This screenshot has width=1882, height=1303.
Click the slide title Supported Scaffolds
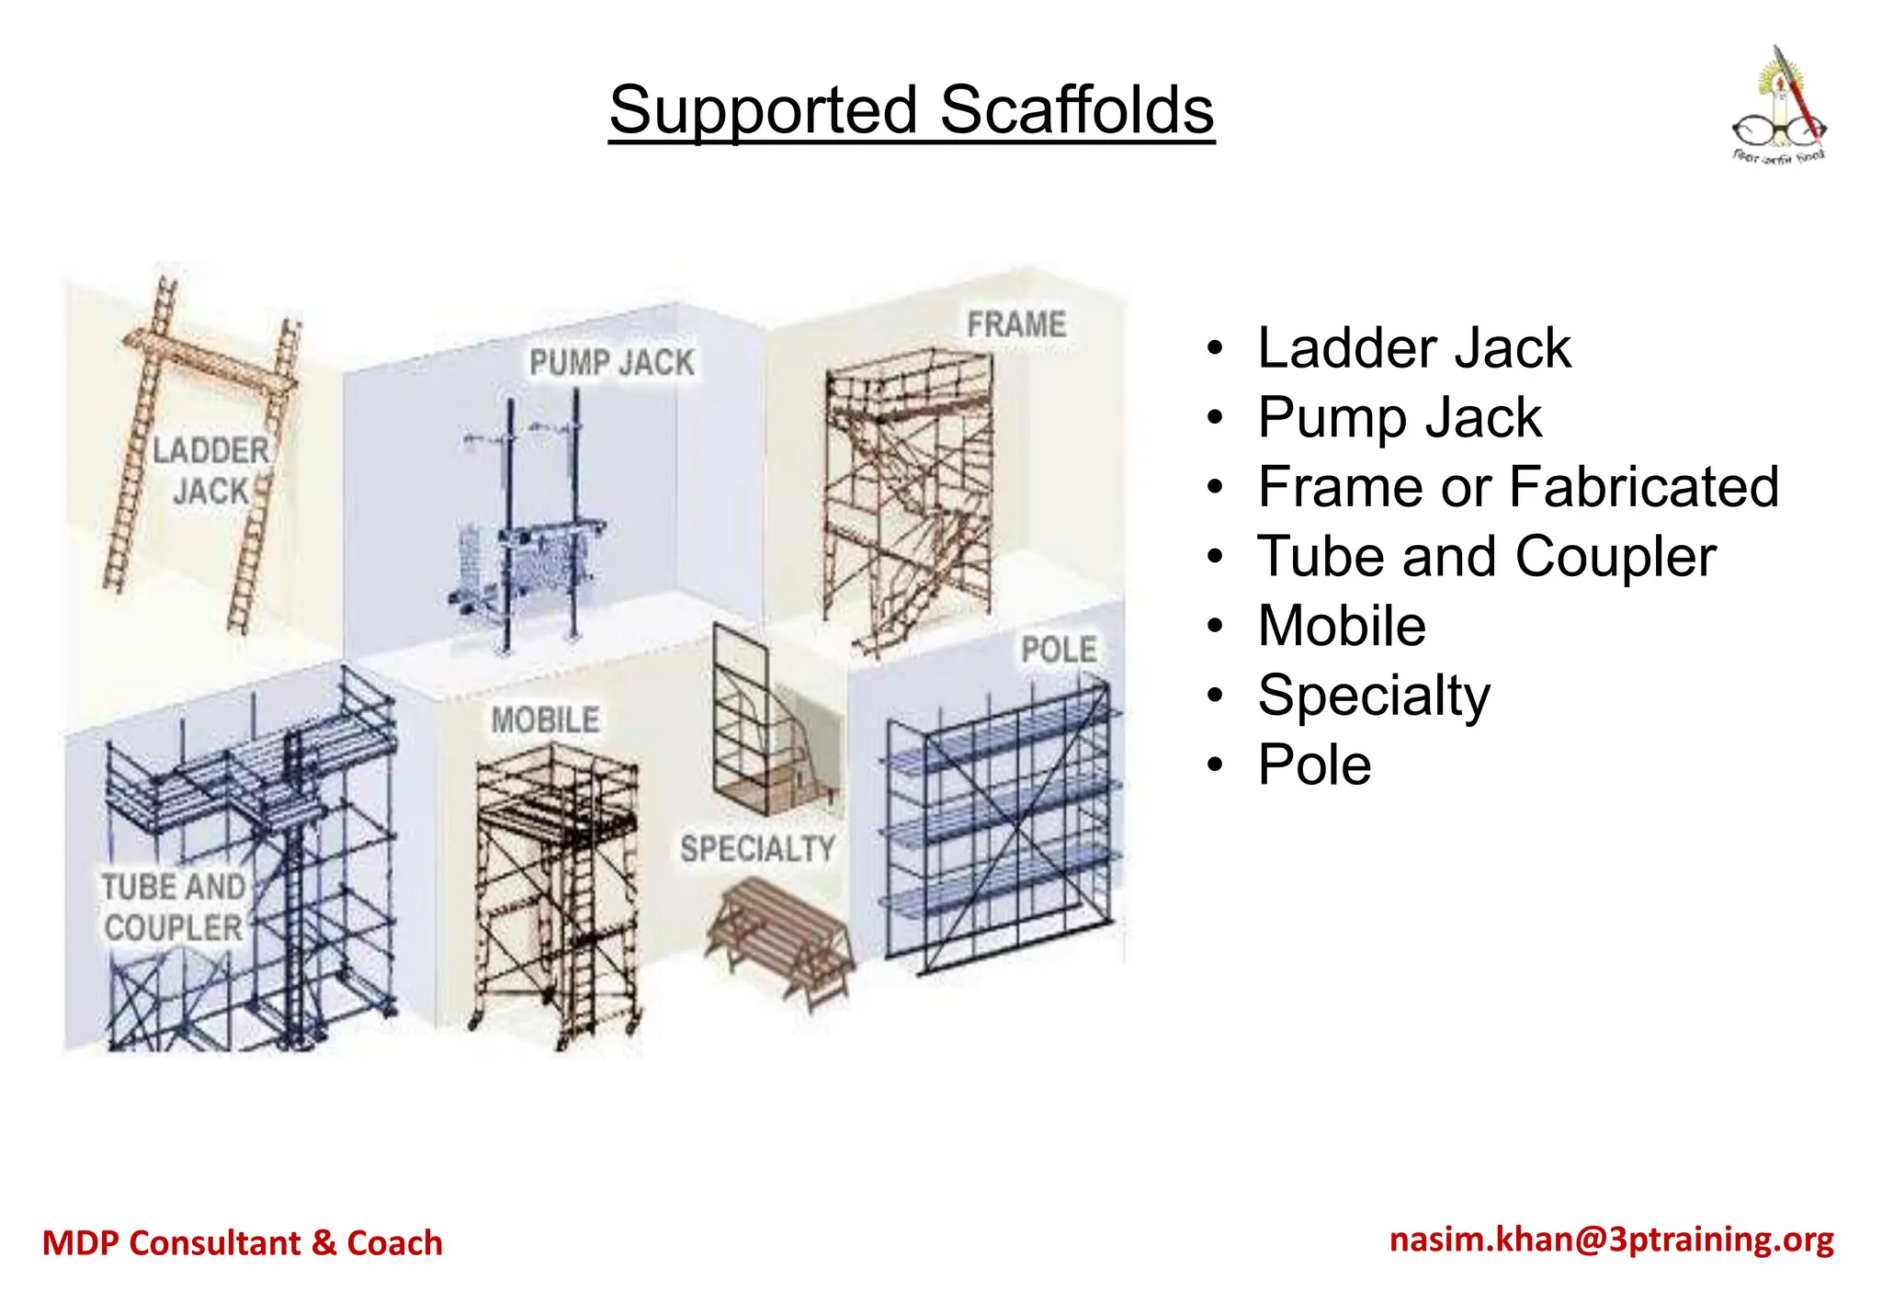pos(911,110)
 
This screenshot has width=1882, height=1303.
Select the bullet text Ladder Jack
pos(1413,348)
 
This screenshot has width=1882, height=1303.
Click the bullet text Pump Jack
pos(1399,418)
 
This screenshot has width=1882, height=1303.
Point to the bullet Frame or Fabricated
pos(1517,487)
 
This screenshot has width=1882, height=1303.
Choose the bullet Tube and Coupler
pos(1486,557)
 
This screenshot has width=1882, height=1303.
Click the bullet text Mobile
pos(1342,626)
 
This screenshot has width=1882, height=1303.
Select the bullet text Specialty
pos(1373,696)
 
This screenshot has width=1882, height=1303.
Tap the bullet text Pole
pos(1314,765)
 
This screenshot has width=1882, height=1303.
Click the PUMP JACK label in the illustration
pos(612,362)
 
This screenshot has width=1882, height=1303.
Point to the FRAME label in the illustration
pos(1016,324)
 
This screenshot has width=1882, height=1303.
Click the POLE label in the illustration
pos(1059,650)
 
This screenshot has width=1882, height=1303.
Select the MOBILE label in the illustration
pos(545,719)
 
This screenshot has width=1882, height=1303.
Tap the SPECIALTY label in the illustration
pos(757,848)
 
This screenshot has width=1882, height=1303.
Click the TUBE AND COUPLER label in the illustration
pos(174,907)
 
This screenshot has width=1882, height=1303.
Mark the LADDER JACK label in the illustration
pos(210,470)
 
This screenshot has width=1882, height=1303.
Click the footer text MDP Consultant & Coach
pos(243,1242)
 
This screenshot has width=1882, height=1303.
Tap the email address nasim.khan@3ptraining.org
pos(1612,1240)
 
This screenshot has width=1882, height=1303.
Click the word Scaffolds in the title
pos(1076,110)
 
